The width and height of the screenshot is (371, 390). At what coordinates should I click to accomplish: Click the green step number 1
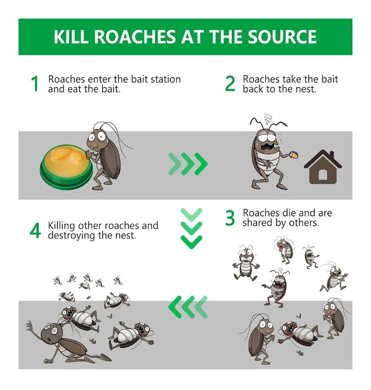click(x=35, y=84)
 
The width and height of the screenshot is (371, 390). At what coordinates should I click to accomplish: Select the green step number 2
click(x=230, y=84)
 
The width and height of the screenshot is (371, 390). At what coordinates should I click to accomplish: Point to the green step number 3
click(x=230, y=218)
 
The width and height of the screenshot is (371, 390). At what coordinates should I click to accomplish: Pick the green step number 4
click(x=35, y=231)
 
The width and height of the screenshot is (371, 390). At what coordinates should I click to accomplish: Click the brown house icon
click(x=323, y=167)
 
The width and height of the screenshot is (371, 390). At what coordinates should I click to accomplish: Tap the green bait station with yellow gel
click(x=66, y=167)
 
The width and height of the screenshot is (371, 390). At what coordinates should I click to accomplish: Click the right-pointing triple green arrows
click(x=188, y=164)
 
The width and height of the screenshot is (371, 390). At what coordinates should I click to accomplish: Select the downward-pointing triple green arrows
click(x=191, y=229)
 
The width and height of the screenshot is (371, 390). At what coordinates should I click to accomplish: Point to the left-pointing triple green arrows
click(x=188, y=307)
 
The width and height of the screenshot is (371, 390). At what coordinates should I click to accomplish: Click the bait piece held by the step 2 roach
click(x=294, y=155)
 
